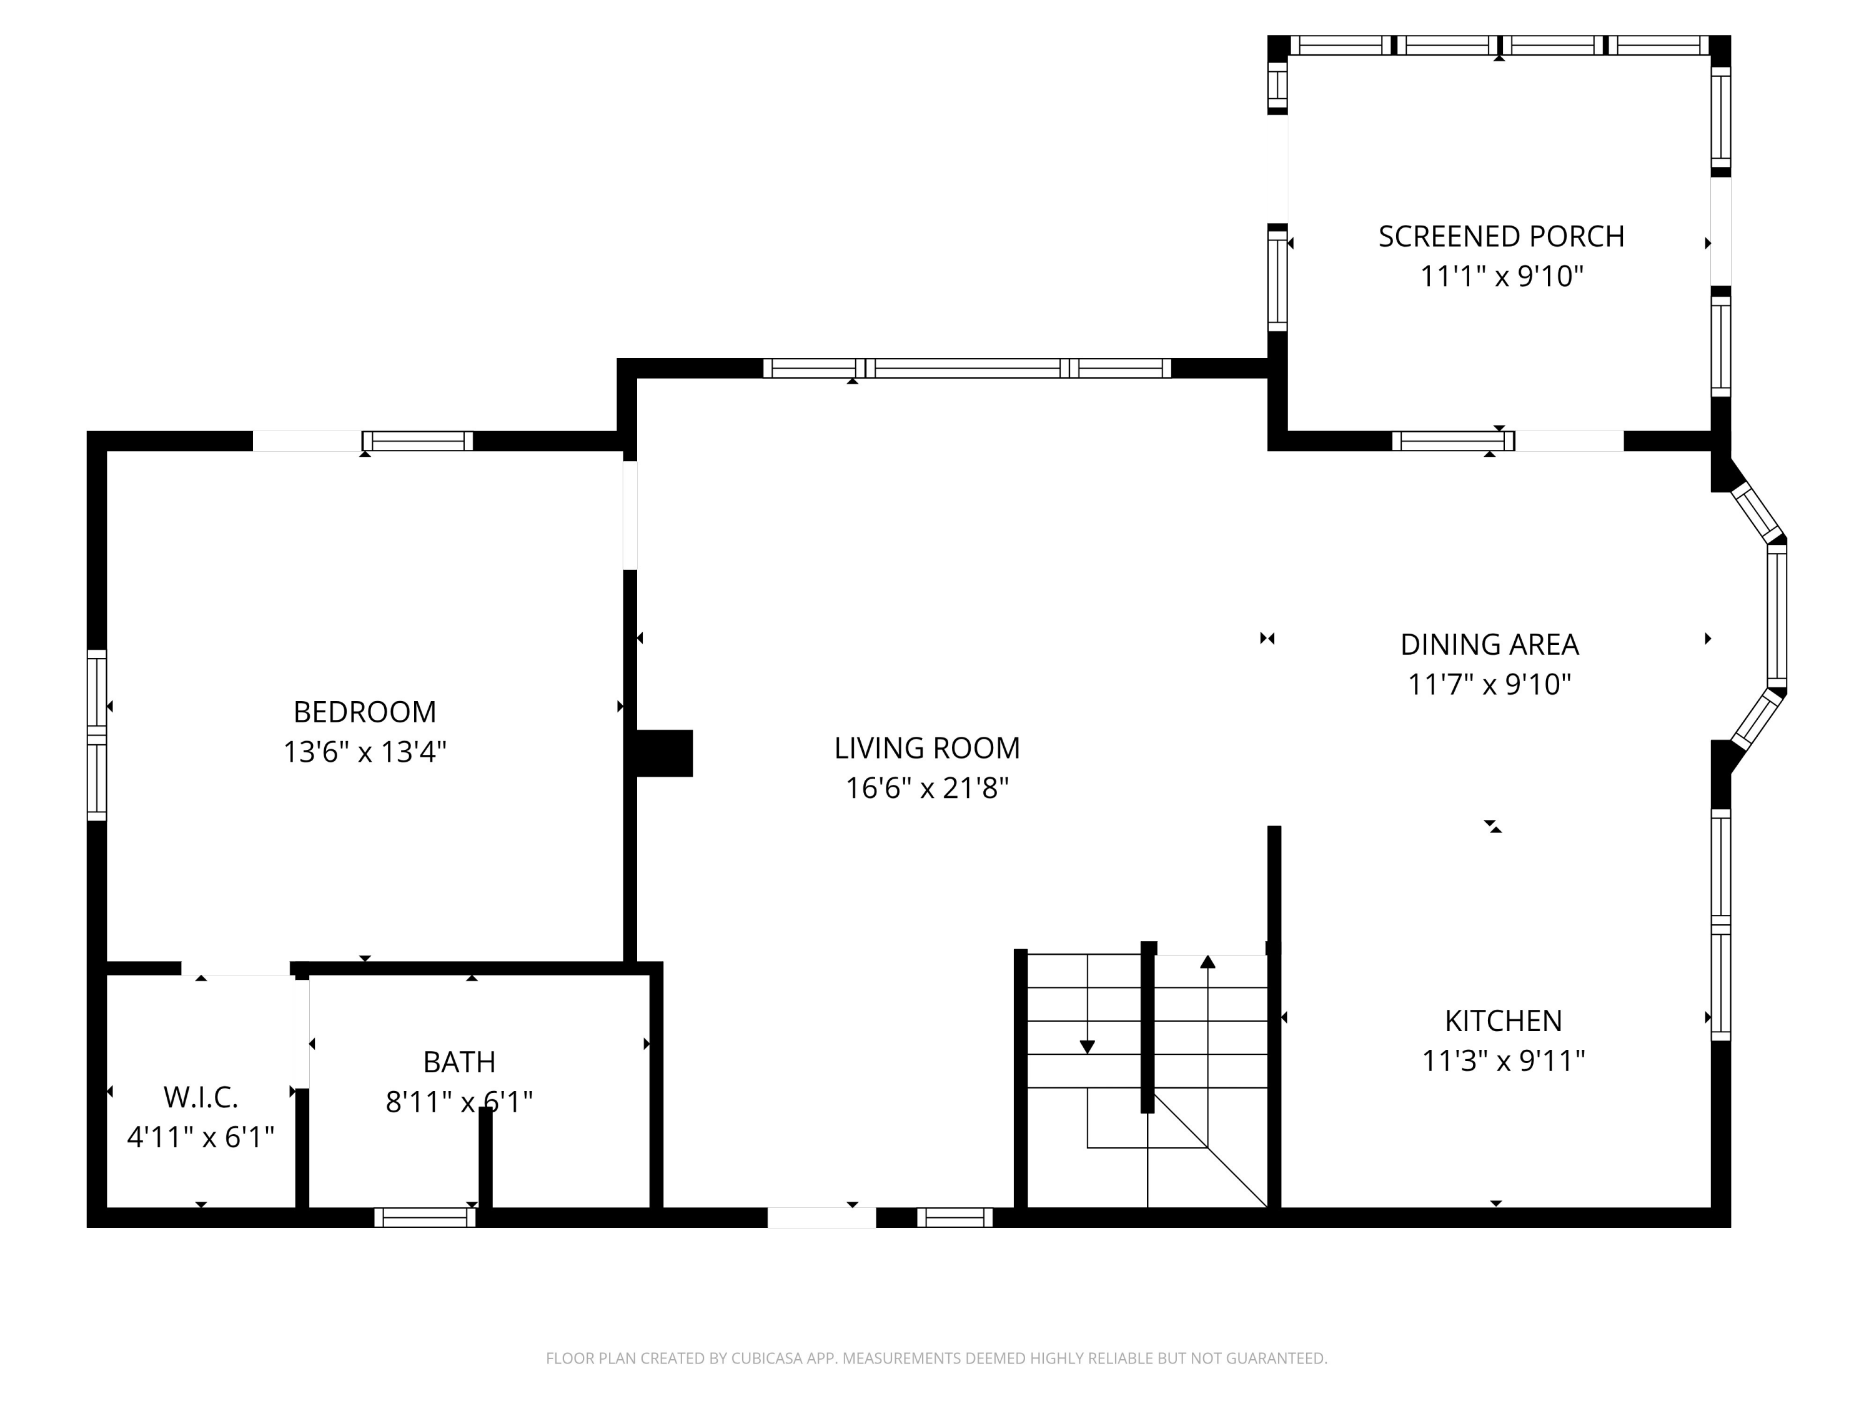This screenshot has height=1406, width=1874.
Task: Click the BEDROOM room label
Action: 364,712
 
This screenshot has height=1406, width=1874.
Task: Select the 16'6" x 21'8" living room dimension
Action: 927,788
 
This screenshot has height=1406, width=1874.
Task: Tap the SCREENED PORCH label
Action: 1500,236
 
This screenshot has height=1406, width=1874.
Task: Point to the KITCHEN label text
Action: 1503,1020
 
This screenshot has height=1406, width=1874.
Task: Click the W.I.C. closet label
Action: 201,1097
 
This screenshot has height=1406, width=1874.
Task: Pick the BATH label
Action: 459,1062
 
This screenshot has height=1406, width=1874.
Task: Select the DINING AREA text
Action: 1489,645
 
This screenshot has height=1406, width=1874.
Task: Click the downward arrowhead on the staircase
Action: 1087,1047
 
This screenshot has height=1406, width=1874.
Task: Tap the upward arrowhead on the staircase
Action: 1208,961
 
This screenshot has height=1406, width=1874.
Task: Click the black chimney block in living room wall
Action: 663,752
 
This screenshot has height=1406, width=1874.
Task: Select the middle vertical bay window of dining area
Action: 1777,616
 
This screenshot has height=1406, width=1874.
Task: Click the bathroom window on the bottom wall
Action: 425,1218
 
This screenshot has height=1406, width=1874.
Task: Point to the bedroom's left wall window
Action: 97,735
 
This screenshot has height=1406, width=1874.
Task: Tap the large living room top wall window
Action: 966,368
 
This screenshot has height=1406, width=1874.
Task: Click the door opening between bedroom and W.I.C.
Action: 235,969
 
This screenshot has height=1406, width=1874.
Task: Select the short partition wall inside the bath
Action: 485,1157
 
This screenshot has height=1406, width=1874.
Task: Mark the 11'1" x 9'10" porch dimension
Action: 1501,276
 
